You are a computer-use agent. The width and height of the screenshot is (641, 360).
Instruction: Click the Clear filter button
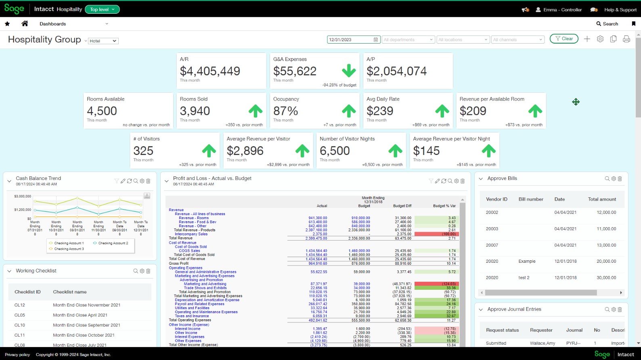[564, 39]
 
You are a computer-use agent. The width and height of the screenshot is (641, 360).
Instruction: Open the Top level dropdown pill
[102, 9]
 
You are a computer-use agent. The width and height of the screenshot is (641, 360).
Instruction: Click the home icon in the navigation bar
[25, 24]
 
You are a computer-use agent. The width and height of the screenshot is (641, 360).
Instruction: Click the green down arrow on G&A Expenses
[349, 71]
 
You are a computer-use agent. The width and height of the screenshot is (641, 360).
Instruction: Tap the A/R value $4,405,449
[210, 71]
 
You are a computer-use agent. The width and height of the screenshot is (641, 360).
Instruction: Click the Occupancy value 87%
[285, 111]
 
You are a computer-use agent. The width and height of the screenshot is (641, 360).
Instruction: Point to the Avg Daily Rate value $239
[380, 111]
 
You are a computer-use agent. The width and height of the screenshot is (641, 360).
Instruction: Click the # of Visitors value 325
[143, 151]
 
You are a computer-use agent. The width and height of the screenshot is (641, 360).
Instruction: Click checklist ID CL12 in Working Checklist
[20, 305]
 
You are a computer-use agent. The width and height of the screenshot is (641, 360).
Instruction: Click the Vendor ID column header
[496, 199]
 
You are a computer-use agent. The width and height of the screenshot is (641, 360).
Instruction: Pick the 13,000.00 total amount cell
[606, 245]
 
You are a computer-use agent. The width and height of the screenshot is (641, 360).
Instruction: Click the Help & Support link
[620, 10]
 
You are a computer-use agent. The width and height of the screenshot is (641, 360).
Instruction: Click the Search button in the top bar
[607, 24]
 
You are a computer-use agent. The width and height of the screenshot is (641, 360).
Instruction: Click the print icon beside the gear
[626, 39]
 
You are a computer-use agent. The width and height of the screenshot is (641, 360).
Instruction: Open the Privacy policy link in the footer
[17, 355]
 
